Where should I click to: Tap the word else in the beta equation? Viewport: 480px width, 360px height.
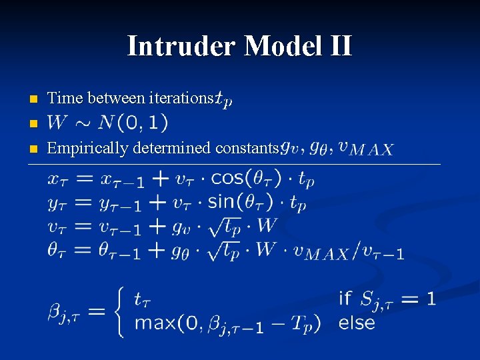(357, 324)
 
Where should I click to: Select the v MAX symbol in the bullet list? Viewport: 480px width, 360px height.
(366, 148)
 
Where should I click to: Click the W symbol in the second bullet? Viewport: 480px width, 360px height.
(58, 123)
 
